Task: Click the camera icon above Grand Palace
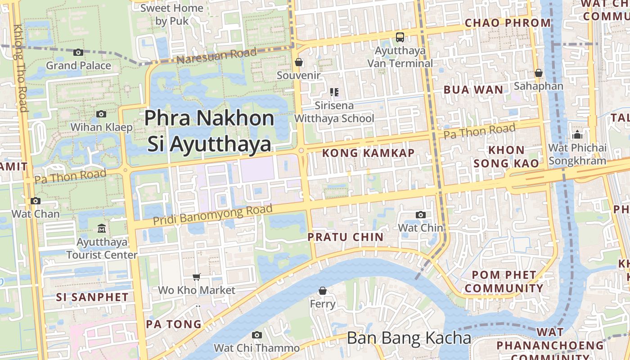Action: (x=78, y=53)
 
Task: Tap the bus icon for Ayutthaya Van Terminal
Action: (x=400, y=37)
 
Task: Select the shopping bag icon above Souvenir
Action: (x=298, y=62)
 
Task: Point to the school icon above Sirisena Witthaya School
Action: (x=334, y=92)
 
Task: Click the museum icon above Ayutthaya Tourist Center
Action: (x=101, y=229)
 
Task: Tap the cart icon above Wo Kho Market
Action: (x=196, y=277)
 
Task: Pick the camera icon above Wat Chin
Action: (x=420, y=215)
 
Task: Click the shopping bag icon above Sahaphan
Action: (x=538, y=73)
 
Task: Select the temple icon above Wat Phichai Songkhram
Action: (x=577, y=135)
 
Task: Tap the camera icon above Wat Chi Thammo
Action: (x=256, y=335)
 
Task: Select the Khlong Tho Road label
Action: (x=21, y=67)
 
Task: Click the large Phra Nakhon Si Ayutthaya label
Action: (x=209, y=131)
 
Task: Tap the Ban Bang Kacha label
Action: (x=409, y=338)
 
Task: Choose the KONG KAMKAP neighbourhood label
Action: (x=368, y=153)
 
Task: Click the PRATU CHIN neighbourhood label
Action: (x=346, y=237)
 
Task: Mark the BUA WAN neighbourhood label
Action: (x=473, y=90)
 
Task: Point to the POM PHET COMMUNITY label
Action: (x=504, y=281)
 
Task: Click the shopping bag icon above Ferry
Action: (x=322, y=291)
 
